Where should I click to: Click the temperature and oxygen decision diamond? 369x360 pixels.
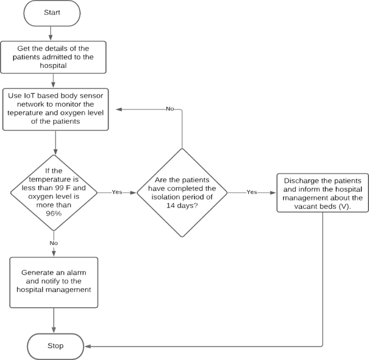[x=53, y=191]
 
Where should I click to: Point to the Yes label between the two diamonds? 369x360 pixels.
[x=117, y=191]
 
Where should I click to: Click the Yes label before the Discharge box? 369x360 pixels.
[x=252, y=191]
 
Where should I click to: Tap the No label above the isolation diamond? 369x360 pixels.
[x=170, y=109]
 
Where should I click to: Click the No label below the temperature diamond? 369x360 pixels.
[x=53, y=243]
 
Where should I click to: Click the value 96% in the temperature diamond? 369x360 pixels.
[x=53, y=213]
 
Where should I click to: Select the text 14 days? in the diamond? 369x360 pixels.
[x=182, y=205]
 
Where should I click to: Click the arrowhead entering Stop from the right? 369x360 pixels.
[x=87, y=345]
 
